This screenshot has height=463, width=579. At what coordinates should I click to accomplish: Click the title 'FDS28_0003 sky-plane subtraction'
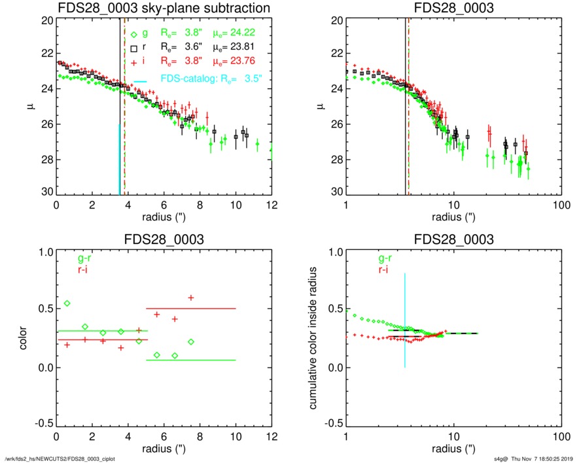(x=164, y=8)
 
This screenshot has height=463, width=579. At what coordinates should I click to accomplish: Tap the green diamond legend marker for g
(x=133, y=35)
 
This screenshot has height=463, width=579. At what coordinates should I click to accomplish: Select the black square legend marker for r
(x=133, y=48)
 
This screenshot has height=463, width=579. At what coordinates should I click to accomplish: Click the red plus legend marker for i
(x=133, y=61)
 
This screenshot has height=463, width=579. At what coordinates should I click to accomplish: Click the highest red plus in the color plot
(x=191, y=298)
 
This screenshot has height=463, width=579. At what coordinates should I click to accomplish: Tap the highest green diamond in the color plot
(x=67, y=303)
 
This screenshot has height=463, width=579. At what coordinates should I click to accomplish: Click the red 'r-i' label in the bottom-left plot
(x=87, y=269)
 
